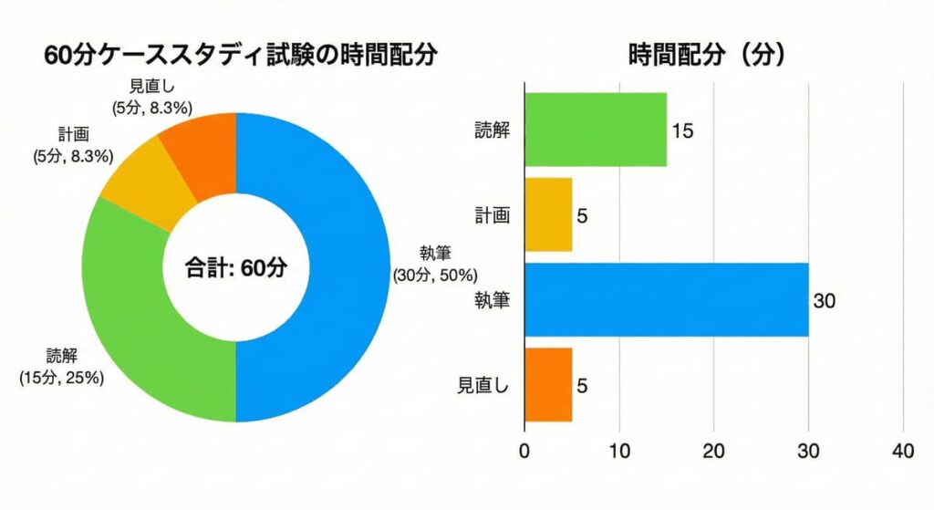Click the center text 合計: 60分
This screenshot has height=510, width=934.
(236, 268)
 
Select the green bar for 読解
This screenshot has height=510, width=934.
(595, 130)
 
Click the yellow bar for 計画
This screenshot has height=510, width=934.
(547, 214)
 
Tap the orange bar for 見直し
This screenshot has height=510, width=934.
(547, 384)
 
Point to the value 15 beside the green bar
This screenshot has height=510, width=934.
(682, 130)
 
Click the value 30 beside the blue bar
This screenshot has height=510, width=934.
(825, 300)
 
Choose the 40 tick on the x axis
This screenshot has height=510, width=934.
(903, 451)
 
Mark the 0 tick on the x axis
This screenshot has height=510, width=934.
(524, 451)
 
